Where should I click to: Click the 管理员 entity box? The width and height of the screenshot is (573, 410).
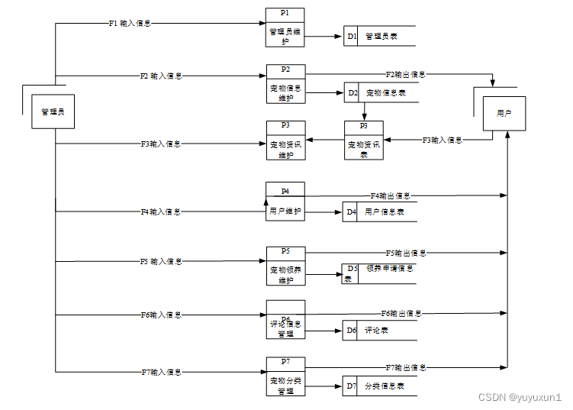(x=53, y=111)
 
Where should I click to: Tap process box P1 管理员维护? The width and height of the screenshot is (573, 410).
(x=285, y=27)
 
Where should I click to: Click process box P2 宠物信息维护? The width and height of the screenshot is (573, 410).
(x=285, y=84)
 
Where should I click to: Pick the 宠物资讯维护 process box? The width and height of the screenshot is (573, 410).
(x=285, y=140)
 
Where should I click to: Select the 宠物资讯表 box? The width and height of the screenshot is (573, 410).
(x=364, y=140)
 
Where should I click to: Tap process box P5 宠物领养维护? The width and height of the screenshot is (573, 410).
(x=285, y=265)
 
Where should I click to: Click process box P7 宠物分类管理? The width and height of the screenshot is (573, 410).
(x=285, y=376)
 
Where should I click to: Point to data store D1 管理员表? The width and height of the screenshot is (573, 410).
(x=379, y=36)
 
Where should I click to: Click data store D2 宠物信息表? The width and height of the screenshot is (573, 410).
(x=379, y=93)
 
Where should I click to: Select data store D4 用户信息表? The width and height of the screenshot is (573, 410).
(x=379, y=212)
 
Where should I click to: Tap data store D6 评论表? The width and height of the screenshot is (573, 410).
(x=379, y=331)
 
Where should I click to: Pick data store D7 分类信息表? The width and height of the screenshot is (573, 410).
(x=379, y=386)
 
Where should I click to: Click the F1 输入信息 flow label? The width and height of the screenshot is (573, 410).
(x=130, y=23)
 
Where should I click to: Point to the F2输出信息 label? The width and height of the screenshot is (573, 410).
(x=405, y=75)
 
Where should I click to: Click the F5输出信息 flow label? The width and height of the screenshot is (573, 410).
(x=405, y=253)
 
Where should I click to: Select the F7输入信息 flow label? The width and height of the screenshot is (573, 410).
(x=161, y=373)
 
